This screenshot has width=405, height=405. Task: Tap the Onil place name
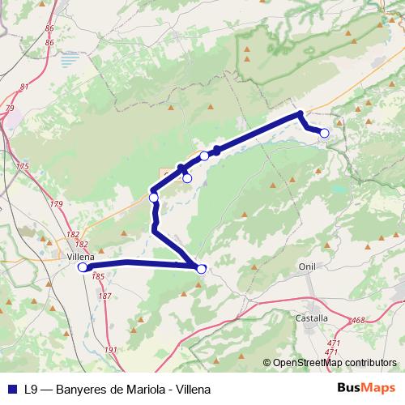click(307, 266)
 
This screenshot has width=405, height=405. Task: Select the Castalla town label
click(311, 318)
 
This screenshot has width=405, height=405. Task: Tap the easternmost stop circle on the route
click(325, 133)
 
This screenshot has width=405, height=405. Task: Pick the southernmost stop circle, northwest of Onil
click(202, 269)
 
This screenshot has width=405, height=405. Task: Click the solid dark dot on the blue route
click(217, 151)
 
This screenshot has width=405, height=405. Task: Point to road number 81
click(24, 87)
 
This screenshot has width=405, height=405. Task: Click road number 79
click(10, 108)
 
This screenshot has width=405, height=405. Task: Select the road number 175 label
click(22, 166)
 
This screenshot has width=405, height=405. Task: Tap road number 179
click(57, 205)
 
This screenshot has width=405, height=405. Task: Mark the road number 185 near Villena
click(99, 276)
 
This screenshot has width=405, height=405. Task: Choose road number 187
click(104, 296)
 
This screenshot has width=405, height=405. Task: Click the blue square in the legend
click(11, 389)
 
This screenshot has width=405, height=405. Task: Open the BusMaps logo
click(366, 388)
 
